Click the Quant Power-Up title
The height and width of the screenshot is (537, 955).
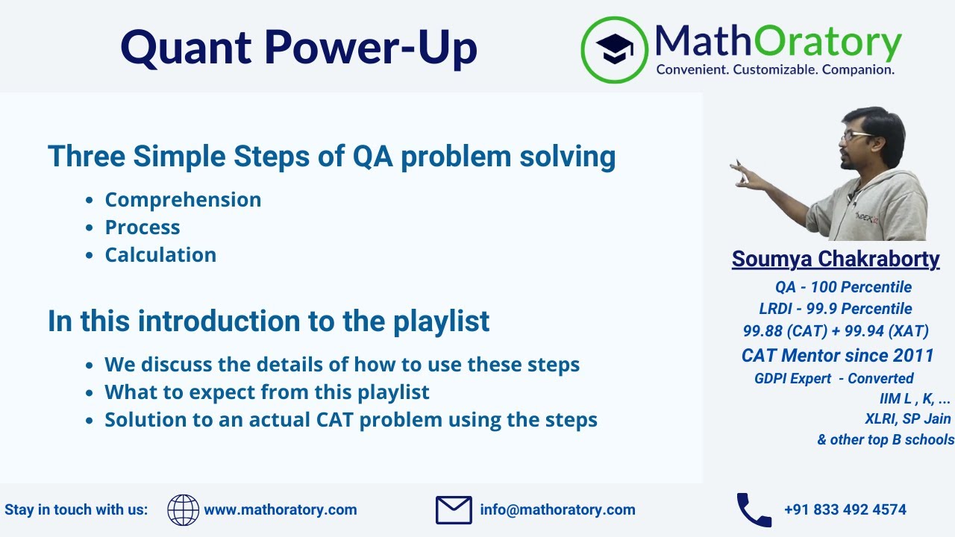pyautogui.click(x=298, y=46)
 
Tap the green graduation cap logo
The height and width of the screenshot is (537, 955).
pyautogui.click(x=615, y=49)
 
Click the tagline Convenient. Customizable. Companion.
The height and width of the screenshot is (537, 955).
pyautogui.click(x=774, y=69)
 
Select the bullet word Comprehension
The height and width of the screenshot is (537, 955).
pyautogui.click(x=183, y=200)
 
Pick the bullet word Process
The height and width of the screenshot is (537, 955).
pyautogui.click(x=143, y=227)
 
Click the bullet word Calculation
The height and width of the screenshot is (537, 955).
pyautogui.click(x=160, y=255)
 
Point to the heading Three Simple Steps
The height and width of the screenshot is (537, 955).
pyautogui.click(x=331, y=157)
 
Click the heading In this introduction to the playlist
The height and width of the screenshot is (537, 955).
pyautogui.click(x=269, y=321)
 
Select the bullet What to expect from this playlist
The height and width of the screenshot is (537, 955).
pyautogui.click(x=267, y=392)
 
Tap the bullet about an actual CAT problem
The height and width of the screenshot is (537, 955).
pyautogui.click(x=351, y=420)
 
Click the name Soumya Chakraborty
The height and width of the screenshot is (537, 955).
pyautogui.click(x=836, y=259)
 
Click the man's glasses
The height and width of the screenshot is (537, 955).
pyautogui.click(x=855, y=136)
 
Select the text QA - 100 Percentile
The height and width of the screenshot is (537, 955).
pyautogui.click(x=843, y=287)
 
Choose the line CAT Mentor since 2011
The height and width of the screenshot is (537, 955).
pyautogui.click(x=837, y=356)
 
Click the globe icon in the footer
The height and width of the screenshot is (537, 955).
pyautogui.click(x=183, y=510)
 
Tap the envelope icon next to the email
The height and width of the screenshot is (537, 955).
pyautogui.click(x=454, y=510)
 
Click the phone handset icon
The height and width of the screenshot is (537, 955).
pyautogui.click(x=754, y=510)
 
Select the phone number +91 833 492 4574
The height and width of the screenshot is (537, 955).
pyautogui.click(x=845, y=510)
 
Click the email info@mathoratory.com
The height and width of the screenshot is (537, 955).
pyautogui.click(x=557, y=510)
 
